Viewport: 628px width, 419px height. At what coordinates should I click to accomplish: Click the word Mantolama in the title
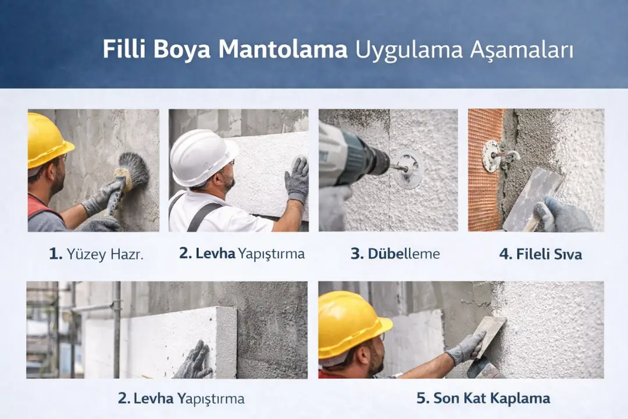click(x=283, y=49)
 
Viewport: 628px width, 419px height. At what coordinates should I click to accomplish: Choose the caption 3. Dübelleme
click(x=395, y=254)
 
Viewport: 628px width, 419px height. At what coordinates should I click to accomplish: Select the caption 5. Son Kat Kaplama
click(x=483, y=399)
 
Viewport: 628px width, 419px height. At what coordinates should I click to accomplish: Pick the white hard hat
click(x=201, y=157)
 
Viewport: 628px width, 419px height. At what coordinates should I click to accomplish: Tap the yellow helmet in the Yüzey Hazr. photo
click(x=48, y=139)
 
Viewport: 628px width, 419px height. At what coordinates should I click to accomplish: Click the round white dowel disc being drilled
click(x=408, y=168)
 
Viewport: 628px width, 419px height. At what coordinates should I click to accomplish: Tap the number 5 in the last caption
click(x=422, y=399)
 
